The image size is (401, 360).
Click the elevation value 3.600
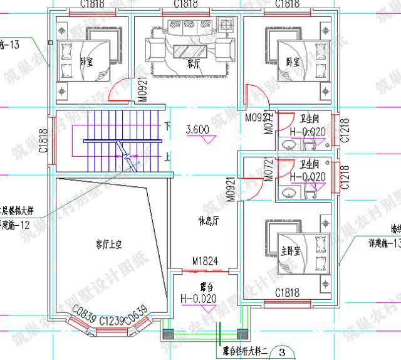pos(197,130)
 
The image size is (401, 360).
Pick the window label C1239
pos(111,320)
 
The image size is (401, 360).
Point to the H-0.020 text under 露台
pos(198,299)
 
